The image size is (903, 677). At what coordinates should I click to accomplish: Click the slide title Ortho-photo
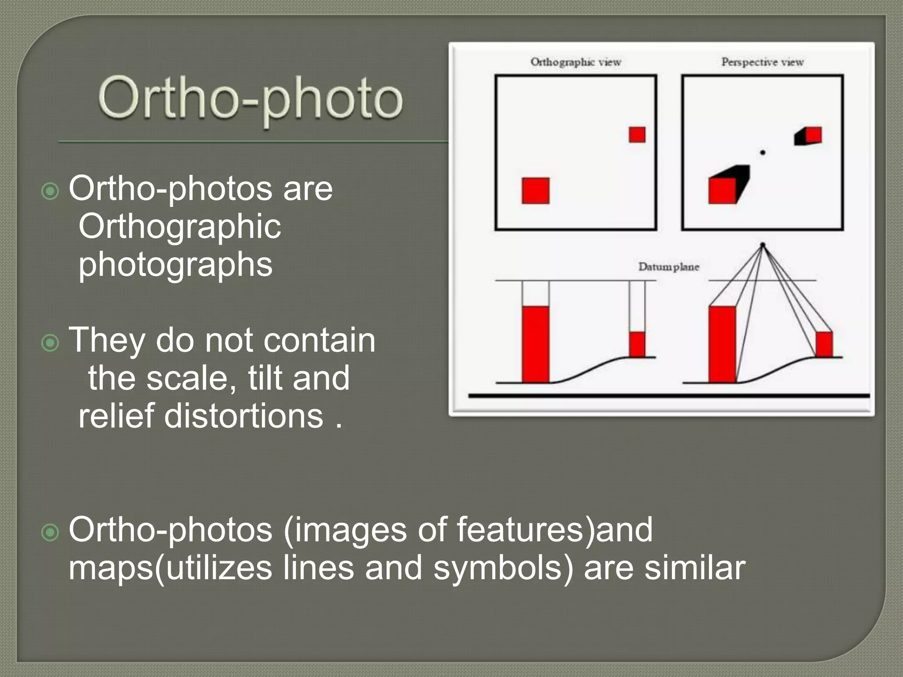click(x=250, y=99)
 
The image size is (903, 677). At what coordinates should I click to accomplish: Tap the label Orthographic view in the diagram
click(x=575, y=62)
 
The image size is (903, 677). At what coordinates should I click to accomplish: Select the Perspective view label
click(x=762, y=62)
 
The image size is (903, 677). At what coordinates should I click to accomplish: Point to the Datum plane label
click(x=668, y=267)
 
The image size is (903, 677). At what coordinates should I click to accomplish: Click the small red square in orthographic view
click(x=637, y=135)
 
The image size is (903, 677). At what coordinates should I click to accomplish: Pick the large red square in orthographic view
click(x=535, y=191)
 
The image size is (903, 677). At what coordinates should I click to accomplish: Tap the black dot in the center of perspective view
click(x=762, y=153)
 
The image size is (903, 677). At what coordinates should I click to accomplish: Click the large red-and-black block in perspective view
click(x=727, y=186)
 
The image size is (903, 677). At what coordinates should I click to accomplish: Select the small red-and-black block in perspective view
click(x=809, y=136)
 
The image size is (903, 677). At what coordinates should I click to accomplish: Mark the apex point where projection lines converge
click(x=762, y=245)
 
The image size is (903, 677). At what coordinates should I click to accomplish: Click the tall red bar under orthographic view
click(x=535, y=344)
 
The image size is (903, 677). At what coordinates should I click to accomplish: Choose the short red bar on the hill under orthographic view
click(x=637, y=344)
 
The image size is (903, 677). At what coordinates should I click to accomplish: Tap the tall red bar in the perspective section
click(x=722, y=344)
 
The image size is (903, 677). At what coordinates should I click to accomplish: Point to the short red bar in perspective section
click(x=824, y=344)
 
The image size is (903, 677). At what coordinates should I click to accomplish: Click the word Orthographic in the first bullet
click(x=179, y=227)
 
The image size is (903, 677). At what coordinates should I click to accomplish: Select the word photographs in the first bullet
click(x=175, y=264)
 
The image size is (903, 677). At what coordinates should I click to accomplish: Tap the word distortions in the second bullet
click(x=244, y=416)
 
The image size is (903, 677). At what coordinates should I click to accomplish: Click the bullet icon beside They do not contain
click(x=50, y=343)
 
